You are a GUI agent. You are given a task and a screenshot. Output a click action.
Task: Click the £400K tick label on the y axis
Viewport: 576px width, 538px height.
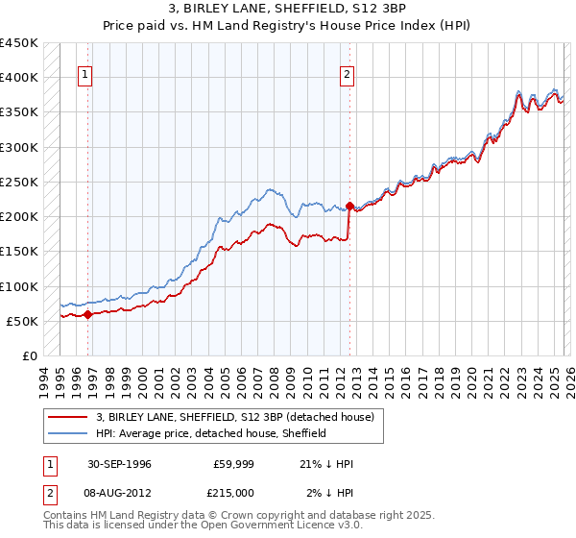click(19, 78)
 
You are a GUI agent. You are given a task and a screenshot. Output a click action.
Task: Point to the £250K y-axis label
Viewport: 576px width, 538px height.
click(19, 182)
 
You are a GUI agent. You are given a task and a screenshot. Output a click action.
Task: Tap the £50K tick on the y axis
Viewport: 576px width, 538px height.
click(23, 321)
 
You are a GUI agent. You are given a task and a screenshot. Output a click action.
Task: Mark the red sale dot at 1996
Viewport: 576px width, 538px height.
click(87, 314)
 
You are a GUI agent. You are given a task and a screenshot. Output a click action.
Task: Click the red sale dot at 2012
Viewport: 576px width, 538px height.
click(349, 206)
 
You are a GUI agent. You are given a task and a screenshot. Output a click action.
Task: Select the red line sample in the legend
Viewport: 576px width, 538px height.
click(68, 417)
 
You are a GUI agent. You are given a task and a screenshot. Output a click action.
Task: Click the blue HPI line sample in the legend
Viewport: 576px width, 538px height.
click(68, 433)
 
